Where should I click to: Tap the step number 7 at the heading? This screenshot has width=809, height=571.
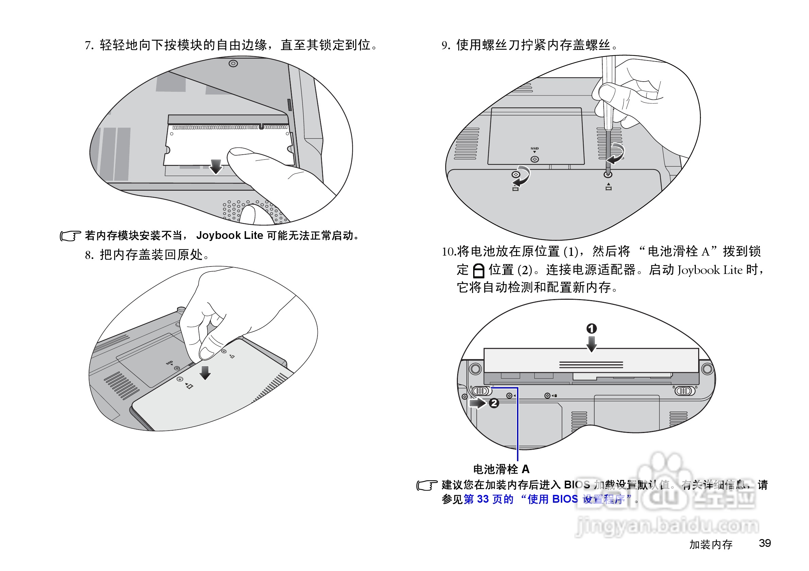(88, 46)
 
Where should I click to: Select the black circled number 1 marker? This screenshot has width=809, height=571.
(591, 328)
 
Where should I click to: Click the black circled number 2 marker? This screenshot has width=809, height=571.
(494, 403)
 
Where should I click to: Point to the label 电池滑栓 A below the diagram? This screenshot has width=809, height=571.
(501, 469)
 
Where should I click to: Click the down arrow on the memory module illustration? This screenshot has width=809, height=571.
(216, 167)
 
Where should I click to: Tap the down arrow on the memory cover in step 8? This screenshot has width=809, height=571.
(205, 372)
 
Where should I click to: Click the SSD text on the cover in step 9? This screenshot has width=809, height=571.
(534, 148)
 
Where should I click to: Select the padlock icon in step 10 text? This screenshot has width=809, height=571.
(478, 271)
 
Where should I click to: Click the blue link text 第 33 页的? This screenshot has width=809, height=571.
(488, 499)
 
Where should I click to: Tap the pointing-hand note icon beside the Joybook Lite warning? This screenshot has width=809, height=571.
(70, 236)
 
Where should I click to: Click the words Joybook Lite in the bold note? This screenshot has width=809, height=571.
(229, 235)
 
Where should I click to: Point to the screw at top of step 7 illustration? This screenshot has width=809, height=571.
(233, 64)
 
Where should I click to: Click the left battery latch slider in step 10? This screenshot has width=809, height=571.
(481, 391)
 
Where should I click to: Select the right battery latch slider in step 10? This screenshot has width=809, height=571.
(684, 391)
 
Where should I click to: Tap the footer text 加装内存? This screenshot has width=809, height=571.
(710, 544)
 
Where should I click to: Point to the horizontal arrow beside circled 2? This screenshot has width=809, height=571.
(478, 403)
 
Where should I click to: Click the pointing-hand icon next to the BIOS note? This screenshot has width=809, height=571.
(427, 485)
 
